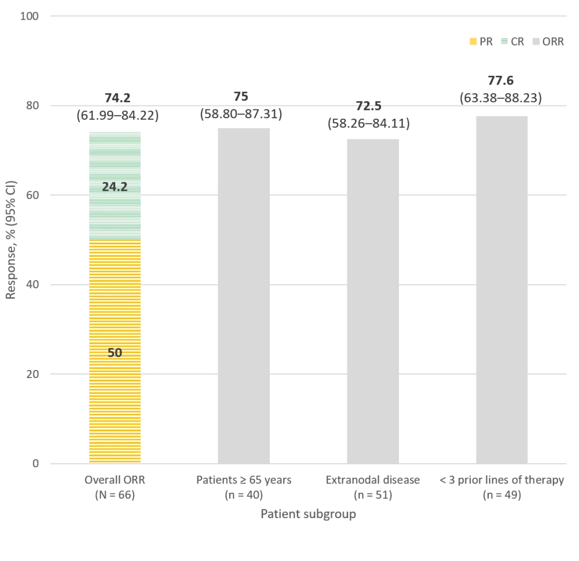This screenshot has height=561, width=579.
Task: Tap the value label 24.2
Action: click(115, 187)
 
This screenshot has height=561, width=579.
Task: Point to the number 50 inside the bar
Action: click(115, 353)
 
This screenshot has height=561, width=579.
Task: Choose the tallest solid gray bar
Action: click(500, 289)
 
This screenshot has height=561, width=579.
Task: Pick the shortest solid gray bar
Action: click(372, 301)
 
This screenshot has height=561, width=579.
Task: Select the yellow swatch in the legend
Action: click(472, 42)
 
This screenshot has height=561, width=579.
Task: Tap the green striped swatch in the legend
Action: click(505, 42)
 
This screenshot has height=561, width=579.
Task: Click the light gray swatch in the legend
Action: click(534, 42)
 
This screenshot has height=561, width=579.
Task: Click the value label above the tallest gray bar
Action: click(500, 89)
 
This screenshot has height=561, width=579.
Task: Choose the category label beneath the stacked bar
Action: click(116, 487)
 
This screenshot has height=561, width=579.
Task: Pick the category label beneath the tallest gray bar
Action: click(500, 487)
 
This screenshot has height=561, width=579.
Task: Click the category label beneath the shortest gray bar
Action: click(372, 487)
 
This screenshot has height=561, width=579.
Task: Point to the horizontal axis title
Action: click(307, 513)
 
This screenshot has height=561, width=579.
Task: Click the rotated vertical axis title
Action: click(11, 240)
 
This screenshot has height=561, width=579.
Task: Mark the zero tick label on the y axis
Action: click(37, 463)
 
